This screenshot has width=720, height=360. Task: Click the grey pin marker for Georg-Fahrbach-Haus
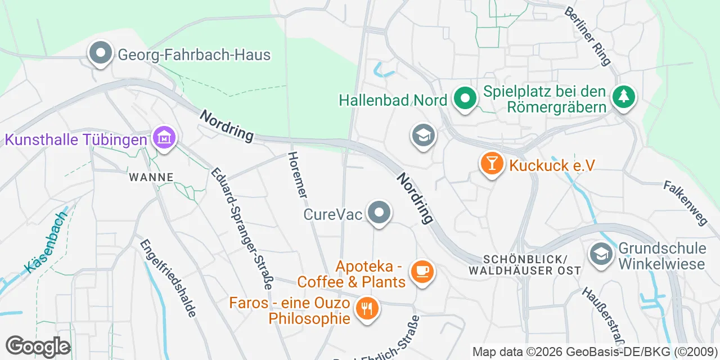coord(101,54)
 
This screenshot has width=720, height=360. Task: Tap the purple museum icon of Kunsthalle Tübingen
coord(164,138)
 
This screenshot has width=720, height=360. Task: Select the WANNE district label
coord(151,177)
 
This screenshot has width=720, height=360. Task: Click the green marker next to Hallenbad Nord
coord(465,100)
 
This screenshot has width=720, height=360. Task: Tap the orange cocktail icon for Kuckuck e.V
coord(492,164)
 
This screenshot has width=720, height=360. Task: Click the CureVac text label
coord(332,214)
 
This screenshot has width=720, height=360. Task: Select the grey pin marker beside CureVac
coord(379,213)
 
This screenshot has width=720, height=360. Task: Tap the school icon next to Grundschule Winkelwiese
coord(601,254)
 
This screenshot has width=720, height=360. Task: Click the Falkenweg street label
coord(685,202)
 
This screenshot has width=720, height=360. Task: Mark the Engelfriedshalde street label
coord(169,278)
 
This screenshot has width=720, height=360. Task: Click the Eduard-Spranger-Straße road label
coord(242,228)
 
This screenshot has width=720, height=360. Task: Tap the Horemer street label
coord(298,175)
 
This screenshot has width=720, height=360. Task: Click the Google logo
coord(38,346)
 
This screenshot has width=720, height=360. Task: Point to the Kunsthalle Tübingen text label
coord(76,139)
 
